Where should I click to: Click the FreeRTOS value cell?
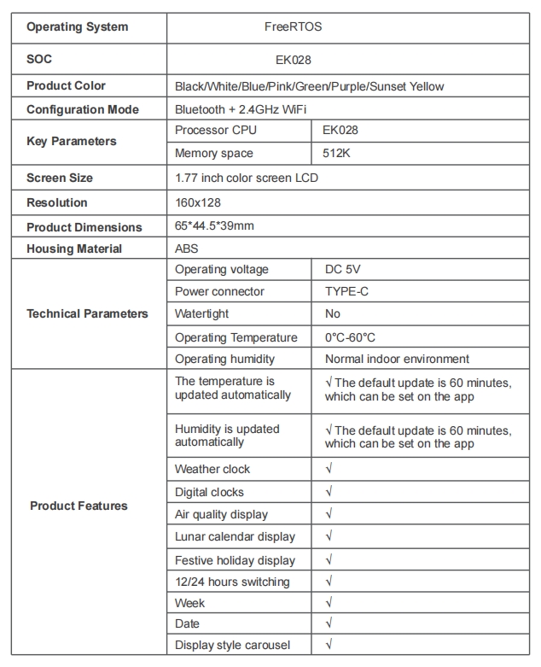pyautogui.click(x=293, y=26)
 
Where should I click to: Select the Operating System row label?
pyautogui.click(x=77, y=26)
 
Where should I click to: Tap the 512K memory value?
pyautogui.click(x=340, y=154)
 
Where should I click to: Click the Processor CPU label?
pyautogui.click(x=215, y=130)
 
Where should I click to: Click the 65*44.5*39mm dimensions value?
pyautogui.click(x=214, y=226)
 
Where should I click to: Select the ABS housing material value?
pyautogui.click(x=187, y=249)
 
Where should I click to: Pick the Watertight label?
pyautogui.click(x=202, y=313)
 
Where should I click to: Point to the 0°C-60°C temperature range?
pyautogui.click(x=350, y=337)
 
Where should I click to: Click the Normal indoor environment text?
pyautogui.click(x=397, y=359)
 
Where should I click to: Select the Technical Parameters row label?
pyautogui.click(x=87, y=313)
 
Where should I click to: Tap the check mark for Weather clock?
pyautogui.click(x=329, y=469)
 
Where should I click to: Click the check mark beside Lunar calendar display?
pyautogui.click(x=329, y=536)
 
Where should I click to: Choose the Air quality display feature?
pyautogui.click(x=221, y=514)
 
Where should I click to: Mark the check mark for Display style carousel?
pyautogui.click(x=329, y=645)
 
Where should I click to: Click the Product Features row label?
pyautogui.click(x=79, y=506)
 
